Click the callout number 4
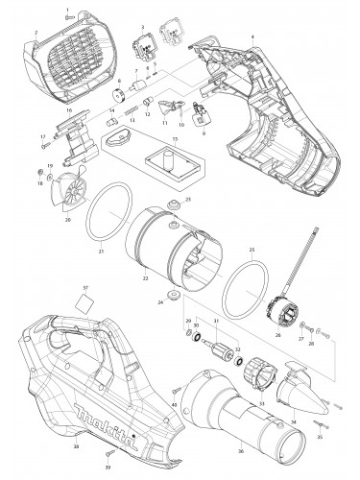point(252,36)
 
